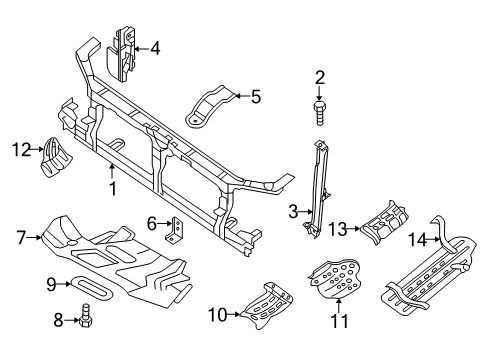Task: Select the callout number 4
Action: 154,47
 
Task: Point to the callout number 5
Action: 255,97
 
